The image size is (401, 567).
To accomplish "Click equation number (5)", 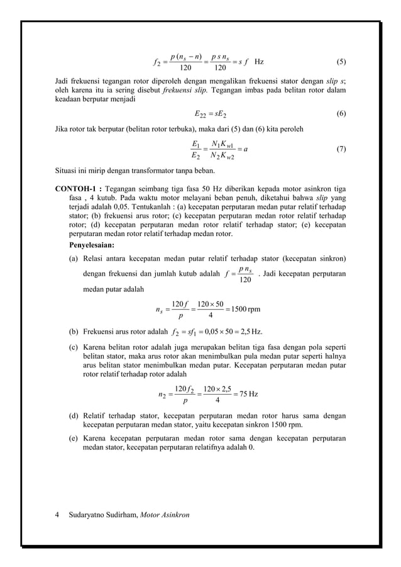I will click(341, 62).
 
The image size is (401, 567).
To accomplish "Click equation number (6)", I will click(341, 114).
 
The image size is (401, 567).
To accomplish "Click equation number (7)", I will click(341, 149).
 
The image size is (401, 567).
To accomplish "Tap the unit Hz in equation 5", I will click(259, 62).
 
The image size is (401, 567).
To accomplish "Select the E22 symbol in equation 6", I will click(201, 115).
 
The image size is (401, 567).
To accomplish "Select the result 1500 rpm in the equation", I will click(248, 309).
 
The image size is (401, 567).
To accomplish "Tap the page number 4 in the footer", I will click(58, 515).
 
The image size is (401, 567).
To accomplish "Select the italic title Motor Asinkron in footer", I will click(165, 515).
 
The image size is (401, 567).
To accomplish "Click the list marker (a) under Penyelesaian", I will click(74, 259).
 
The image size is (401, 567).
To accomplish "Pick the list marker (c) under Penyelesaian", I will click(74, 346).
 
